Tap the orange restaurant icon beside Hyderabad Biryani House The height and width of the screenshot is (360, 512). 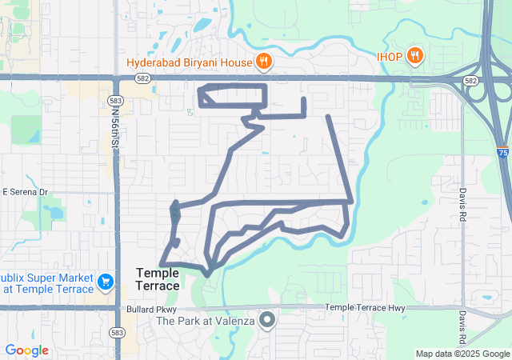(264, 62)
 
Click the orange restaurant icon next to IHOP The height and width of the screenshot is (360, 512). (414, 56)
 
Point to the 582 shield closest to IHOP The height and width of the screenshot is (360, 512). (470, 82)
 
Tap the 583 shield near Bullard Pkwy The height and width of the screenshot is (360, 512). (118, 332)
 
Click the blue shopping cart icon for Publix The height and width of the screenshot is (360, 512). (105, 282)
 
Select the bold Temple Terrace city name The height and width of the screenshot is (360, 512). (158, 279)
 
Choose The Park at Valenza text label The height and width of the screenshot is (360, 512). (206, 321)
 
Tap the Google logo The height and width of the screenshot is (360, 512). (26, 350)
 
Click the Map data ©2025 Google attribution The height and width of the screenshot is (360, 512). (462, 354)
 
